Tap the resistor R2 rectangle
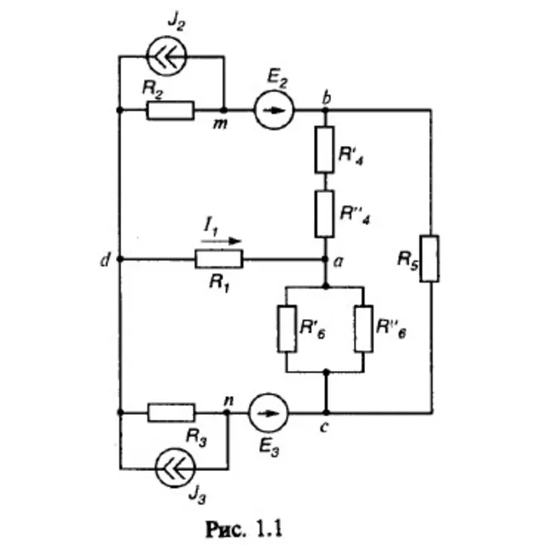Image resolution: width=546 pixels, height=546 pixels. tap(171, 110)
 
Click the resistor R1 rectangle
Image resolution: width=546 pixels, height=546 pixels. tap(218, 258)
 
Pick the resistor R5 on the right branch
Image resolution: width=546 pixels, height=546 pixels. tap(429, 258)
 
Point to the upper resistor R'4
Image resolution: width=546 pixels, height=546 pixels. tap(324, 149)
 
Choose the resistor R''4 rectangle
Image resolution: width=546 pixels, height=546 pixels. tap(324, 214)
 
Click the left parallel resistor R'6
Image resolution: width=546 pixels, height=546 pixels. tap(287, 328)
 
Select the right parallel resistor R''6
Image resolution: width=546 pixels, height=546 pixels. tap(363, 328)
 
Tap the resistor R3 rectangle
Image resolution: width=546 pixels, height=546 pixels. tap(171, 413)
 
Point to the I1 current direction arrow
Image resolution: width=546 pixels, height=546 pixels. tap(221, 241)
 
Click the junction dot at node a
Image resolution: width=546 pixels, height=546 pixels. tap(325, 259)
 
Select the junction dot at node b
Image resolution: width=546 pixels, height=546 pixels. tap(326, 110)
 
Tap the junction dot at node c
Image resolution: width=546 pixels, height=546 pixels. tap(326, 413)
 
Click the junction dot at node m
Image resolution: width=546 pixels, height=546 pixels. tap(224, 110)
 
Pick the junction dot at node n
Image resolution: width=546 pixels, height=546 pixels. tap(227, 413)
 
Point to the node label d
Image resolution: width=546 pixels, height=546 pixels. tap(105, 259)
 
